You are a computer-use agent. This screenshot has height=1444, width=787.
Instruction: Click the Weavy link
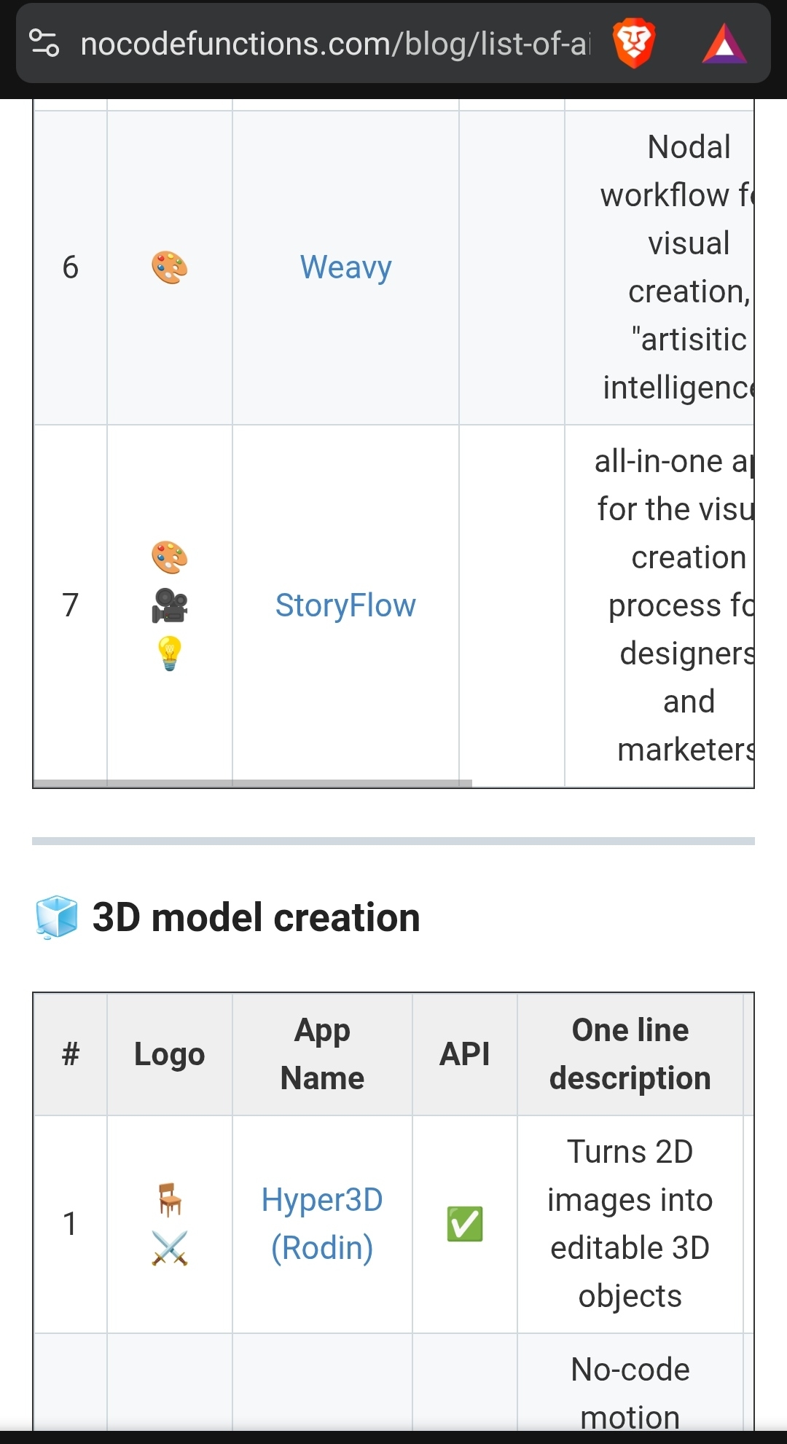345,267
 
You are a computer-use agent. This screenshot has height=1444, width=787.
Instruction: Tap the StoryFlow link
345,605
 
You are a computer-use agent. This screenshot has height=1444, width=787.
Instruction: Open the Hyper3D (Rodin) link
322,1224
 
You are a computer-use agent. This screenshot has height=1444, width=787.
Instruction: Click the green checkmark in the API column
465,1224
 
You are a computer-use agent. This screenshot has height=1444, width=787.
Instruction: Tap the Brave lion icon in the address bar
634,44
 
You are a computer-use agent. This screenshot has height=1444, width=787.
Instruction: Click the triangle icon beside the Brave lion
724,44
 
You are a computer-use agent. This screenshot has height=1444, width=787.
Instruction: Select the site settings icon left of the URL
44,43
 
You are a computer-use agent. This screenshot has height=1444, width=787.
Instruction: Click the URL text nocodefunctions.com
335,44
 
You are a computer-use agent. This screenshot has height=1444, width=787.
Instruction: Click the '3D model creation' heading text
257,917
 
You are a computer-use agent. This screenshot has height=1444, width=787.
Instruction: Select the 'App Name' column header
322,1053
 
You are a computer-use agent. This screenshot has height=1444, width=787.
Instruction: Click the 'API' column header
465,1054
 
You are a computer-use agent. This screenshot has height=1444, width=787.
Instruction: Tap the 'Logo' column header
170,1054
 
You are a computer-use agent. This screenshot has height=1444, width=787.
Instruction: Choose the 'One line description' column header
630,1053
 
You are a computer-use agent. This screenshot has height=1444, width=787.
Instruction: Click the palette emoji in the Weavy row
170,267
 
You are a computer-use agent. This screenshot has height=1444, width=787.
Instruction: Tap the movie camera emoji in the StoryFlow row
170,605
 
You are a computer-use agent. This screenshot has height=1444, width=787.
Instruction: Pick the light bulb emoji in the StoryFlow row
170,653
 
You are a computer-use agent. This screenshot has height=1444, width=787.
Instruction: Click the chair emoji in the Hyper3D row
170,1199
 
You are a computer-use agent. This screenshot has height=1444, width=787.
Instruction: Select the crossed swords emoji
170,1248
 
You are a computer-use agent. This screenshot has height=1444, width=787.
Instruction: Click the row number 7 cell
70,605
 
